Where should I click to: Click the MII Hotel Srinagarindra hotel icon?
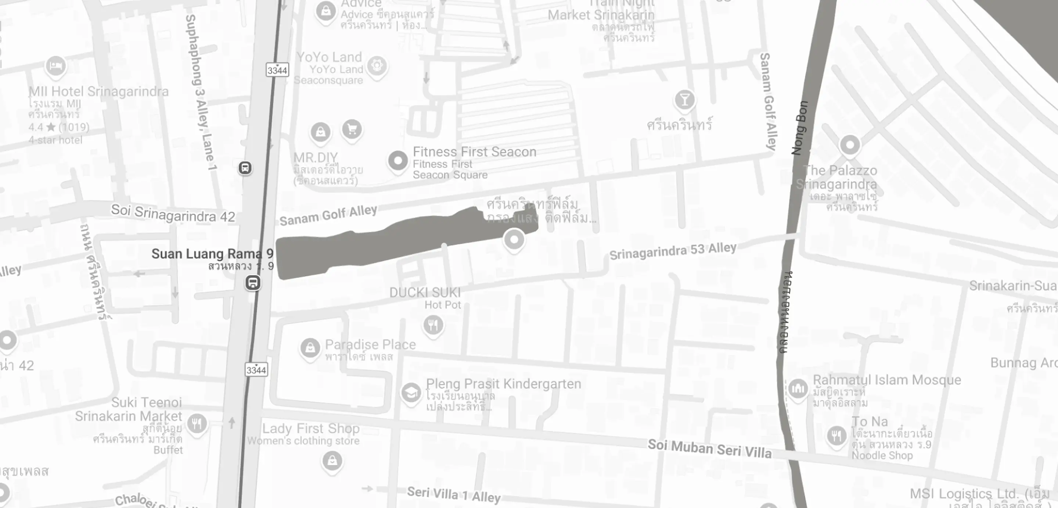click(x=56, y=65)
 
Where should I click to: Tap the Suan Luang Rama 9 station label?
click(x=212, y=254)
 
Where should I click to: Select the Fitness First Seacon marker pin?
click(x=397, y=161)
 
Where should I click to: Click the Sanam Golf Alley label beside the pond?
click(x=328, y=215)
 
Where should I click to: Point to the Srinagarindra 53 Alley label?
click(x=673, y=250)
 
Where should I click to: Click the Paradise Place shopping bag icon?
click(x=310, y=348)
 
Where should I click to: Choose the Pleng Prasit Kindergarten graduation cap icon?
click(x=411, y=393)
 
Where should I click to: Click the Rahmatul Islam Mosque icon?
click(x=798, y=389)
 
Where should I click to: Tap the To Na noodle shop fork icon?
click(x=836, y=435)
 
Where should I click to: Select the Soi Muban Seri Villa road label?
click(x=709, y=448)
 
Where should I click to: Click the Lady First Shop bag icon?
click(x=332, y=461)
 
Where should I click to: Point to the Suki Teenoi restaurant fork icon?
click(x=197, y=424)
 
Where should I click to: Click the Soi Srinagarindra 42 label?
click(x=173, y=214)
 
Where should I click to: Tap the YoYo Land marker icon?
click(x=377, y=65)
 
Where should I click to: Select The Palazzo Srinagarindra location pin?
click(x=850, y=145)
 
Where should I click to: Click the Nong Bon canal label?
click(x=800, y=128)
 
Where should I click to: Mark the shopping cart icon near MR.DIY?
click(x=352, y=129)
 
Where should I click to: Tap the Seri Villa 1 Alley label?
click(x=453, y=494)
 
